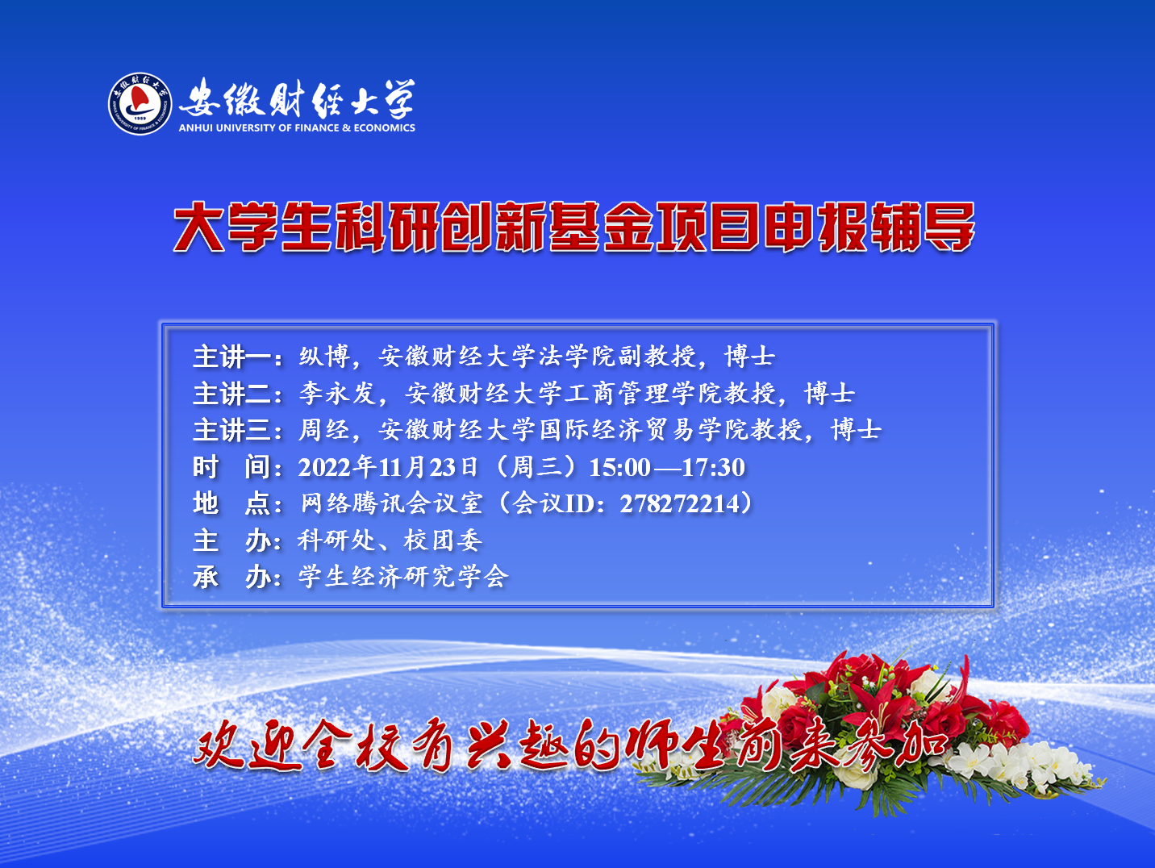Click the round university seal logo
(140, 103)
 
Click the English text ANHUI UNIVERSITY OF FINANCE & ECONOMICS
(297, 127)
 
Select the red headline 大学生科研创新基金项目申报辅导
(574, 227)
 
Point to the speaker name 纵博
(325, 357)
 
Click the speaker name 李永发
(338, 394)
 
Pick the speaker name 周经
(325, 430)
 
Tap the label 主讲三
(231, 430)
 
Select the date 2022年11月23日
(388, 467)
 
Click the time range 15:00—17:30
(667, 467)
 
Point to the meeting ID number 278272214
(679, 503)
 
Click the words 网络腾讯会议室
(391, 503)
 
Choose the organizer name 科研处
(337, 540)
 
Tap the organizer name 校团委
(443, 540)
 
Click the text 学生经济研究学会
(403, 577)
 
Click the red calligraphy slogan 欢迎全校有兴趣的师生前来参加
(571, 745)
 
